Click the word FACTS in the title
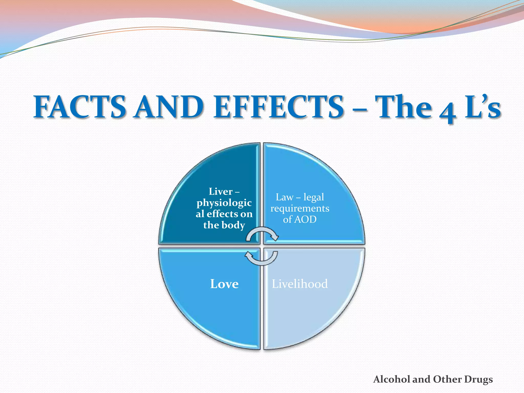click(x=80, y=107)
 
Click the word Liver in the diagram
click(x=221, y=191)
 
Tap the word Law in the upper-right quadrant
click(x=284, y=197)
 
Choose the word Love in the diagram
click(x=224, y=284)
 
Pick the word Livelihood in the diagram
click(x=300, y=284)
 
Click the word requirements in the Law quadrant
click(x=300, y=209)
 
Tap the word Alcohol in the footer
click(x=392, y=379)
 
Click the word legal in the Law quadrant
click(x=314, y=197)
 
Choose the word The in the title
click(x=404, y=107)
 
